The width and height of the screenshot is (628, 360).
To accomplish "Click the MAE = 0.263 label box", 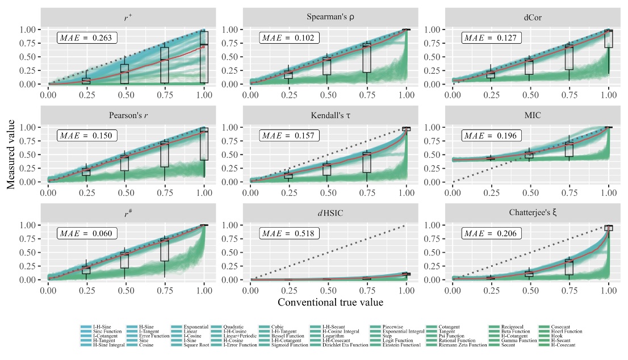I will coord(87,38).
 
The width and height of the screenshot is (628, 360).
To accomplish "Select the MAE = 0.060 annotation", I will coord(87,233).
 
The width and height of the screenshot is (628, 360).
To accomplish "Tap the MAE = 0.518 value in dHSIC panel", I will coord(290,233).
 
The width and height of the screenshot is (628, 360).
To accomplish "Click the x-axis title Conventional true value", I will coord(330,302).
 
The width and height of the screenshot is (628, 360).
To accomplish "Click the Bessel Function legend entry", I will coord(288,336).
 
